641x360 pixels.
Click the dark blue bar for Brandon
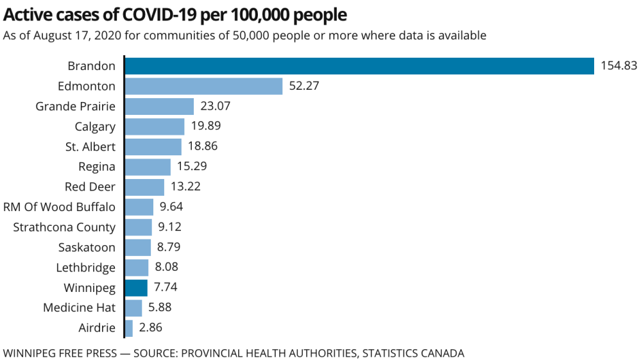click(359, 66)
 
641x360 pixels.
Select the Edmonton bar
click(203, 86)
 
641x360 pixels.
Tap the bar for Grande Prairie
click(159, 107)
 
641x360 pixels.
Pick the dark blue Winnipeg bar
click(136, 287)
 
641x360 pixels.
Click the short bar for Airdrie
click(129, 328)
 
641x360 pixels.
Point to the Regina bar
click(148, 167)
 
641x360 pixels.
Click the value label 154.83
click(619, 66)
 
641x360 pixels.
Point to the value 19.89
click(205, 126)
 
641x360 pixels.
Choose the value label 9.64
click(172, 207)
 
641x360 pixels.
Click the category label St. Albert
click(90, 147)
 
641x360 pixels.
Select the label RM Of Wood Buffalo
click(60, 207)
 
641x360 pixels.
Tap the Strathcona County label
click(64, 227)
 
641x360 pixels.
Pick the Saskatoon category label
click(87, 247)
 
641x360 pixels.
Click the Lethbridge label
click(85, 268)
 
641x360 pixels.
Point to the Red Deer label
click(90, 187)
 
